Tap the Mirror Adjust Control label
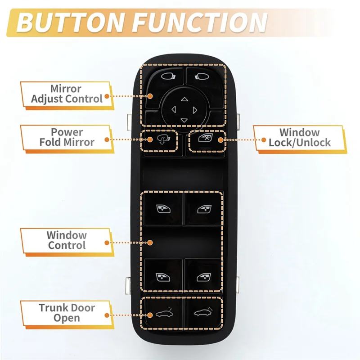pyautogui.click(x=67, y=94)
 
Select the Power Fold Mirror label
pyautogui.click(x=67, y=137)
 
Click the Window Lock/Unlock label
pyautogui.click(x=299, y=138)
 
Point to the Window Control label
pyautogui.click(x=67, y=240)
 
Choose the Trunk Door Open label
pyautogui.click(x=67, y=313)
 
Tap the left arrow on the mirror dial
pyautogui.click(x=173, y=109)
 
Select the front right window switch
pyautogui.click(x=203, y=208)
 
